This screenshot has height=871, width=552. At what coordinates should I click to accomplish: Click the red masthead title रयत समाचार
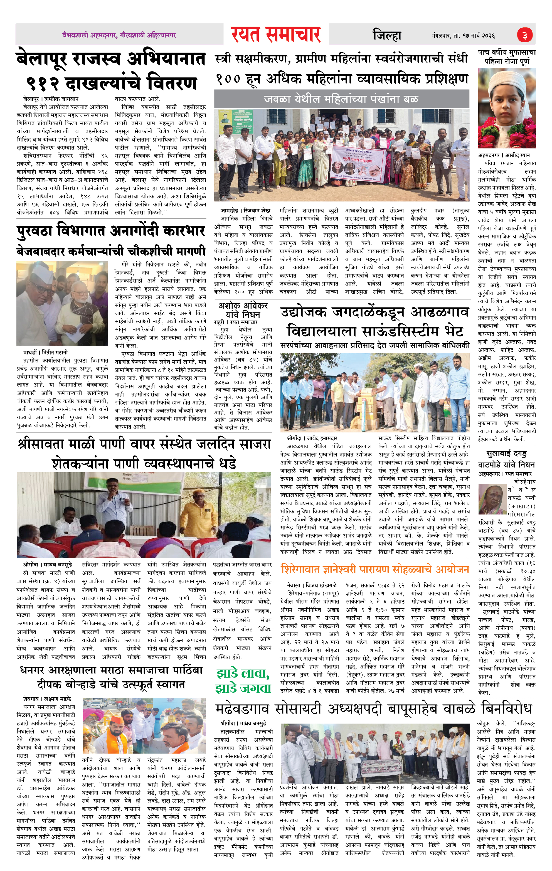coord(276,35)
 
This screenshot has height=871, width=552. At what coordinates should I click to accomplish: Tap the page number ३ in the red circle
coord(525,35)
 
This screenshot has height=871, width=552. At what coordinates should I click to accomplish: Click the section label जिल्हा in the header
coord(387,35)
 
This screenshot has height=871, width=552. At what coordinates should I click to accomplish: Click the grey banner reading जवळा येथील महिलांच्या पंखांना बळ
coord(341,99)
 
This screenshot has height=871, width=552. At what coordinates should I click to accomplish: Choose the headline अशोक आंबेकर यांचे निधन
coord(243,310)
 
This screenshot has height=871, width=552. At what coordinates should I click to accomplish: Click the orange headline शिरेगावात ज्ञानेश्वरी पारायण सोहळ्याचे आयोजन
coord(375,569)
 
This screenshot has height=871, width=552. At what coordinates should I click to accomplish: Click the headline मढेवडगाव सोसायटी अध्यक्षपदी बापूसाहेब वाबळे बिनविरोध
coord(373,708)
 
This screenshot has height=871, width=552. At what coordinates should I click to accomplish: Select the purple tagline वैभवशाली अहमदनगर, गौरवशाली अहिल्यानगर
coord(119,35)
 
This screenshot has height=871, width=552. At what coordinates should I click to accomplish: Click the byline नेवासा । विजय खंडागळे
coord(311,585)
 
